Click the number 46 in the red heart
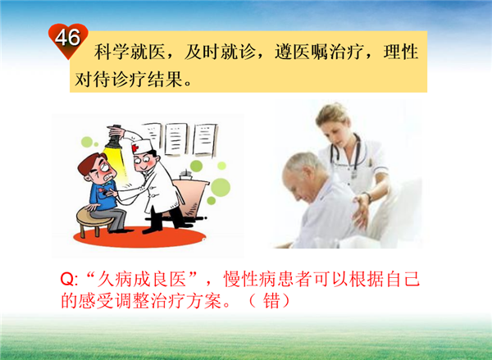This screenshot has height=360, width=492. coord(67,38)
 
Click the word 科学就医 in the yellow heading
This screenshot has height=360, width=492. coord(130,52)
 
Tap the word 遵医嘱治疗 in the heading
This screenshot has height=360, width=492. coord(320,52)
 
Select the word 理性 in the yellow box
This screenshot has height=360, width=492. coord(401,52)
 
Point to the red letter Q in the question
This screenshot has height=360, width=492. coord(67,279)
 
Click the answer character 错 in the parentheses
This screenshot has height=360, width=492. coord(271,302)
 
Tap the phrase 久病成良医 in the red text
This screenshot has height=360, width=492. coord(142,279)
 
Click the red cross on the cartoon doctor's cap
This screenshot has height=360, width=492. coord(135,148)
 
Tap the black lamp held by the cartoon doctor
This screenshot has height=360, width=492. coord(114,139)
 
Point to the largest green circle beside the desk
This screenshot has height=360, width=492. coord(221,187)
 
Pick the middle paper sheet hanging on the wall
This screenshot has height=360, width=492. coord(176,139)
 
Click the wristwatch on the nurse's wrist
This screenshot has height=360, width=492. coord(368,197)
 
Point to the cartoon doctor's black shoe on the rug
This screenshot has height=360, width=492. coord(152,230)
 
